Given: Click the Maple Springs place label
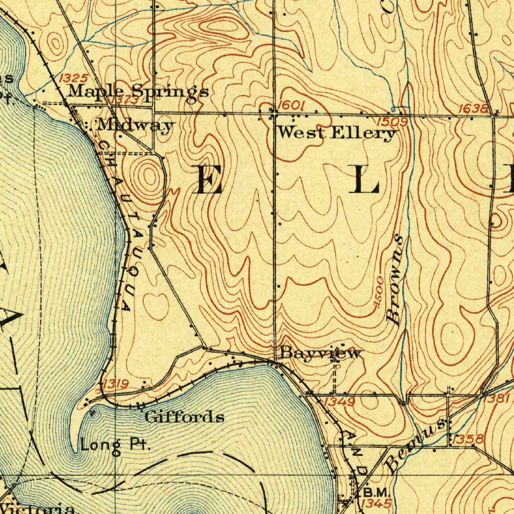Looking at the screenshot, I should pos(138,91).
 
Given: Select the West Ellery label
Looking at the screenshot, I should pos(337,133).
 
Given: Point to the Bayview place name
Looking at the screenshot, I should pos(320,353).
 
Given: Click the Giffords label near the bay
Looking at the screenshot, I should pos(184,417).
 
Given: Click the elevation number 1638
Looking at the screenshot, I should pos(473,108).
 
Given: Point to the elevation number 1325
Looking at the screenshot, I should pos(73,78).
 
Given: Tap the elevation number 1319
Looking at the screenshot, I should pos(115,384).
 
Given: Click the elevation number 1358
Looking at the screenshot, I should pos(468,440).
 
